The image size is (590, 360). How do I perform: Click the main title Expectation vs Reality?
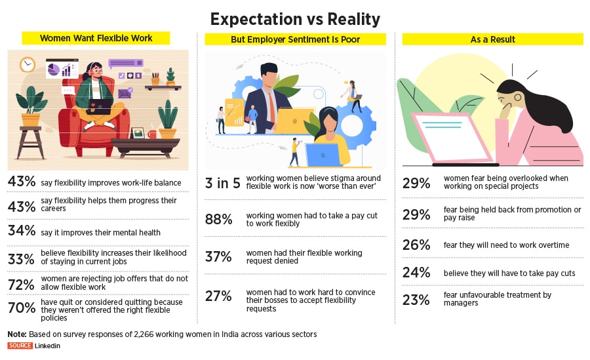click(x=295, y=18)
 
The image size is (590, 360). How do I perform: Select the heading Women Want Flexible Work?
click(x=96, y=38)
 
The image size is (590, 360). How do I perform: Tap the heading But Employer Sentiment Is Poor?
click(x=295, y=39)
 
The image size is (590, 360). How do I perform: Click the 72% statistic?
click(x=21, y=283)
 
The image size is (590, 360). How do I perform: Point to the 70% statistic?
click(x=21, y=307)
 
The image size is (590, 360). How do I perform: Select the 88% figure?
click(x=219, y=220)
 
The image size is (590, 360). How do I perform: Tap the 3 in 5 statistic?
click(x=223, y=183)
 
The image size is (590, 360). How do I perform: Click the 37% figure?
click(x=219, y=257)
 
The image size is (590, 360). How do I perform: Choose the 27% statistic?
click(x=219, y=296)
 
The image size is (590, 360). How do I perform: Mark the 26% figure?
click(x=416, y=245)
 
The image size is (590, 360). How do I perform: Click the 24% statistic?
click(x=416, y=272)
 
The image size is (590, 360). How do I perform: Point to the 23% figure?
click(x=416, y=300)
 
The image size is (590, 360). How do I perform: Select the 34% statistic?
click(x=21, y=231)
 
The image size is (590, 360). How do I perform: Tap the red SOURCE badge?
click(x=20, y=346)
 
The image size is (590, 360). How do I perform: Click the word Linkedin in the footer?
click(x=48, y=346)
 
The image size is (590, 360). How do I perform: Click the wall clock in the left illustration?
click(x=27, y=64)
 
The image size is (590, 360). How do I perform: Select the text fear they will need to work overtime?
click(x=507, y=245)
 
